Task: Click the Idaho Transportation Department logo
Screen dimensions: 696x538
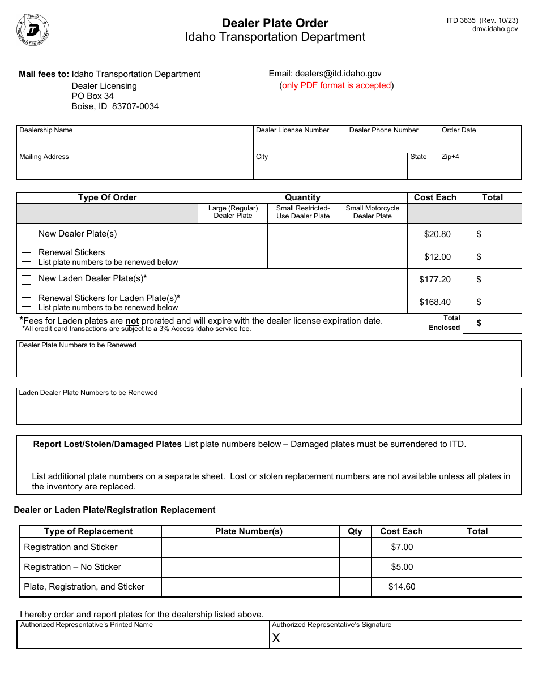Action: pos(33,29)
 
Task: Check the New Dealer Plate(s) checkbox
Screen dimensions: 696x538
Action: pos(26,234)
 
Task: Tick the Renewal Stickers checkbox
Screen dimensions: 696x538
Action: pos(26,257)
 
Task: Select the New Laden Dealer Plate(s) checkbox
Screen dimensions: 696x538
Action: pos(26,280)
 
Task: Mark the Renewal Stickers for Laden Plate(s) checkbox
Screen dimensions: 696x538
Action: pos(26,302)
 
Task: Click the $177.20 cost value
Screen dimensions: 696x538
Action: pos(435,280)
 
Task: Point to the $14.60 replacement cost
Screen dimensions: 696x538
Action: pos(402,587)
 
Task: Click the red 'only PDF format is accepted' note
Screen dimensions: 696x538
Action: pos(336,85)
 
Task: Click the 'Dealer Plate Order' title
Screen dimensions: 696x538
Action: pos(275,23)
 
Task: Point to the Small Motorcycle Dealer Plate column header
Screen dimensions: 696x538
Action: pos(372,212)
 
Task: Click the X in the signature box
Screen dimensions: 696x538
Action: pos(276,638)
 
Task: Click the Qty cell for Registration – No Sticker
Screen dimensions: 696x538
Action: pos(355,567)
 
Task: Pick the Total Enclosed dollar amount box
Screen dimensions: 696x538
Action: pos(492,323)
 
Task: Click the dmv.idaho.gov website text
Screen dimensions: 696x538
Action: pos(495,29)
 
